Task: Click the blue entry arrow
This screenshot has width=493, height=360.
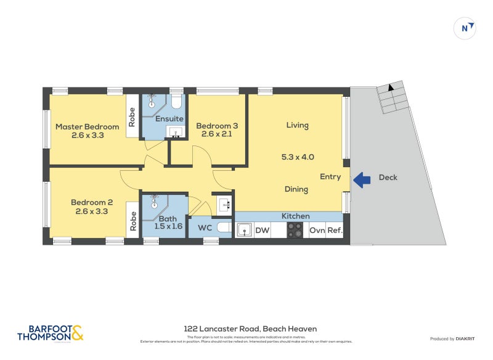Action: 362,179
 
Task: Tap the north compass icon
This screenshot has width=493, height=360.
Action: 464,28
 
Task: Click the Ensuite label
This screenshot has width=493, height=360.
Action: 168,118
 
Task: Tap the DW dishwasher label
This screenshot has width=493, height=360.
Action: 263,231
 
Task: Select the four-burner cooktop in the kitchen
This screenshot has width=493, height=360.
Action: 295,230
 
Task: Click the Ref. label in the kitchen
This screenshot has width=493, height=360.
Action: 335,231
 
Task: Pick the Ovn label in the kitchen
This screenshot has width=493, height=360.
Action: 317,231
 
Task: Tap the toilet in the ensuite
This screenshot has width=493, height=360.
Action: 176,101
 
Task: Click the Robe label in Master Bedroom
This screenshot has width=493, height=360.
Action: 132,117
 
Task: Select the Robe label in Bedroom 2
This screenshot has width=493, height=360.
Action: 132,221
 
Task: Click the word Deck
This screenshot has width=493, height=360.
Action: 388,178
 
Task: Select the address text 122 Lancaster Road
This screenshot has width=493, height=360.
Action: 250,329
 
